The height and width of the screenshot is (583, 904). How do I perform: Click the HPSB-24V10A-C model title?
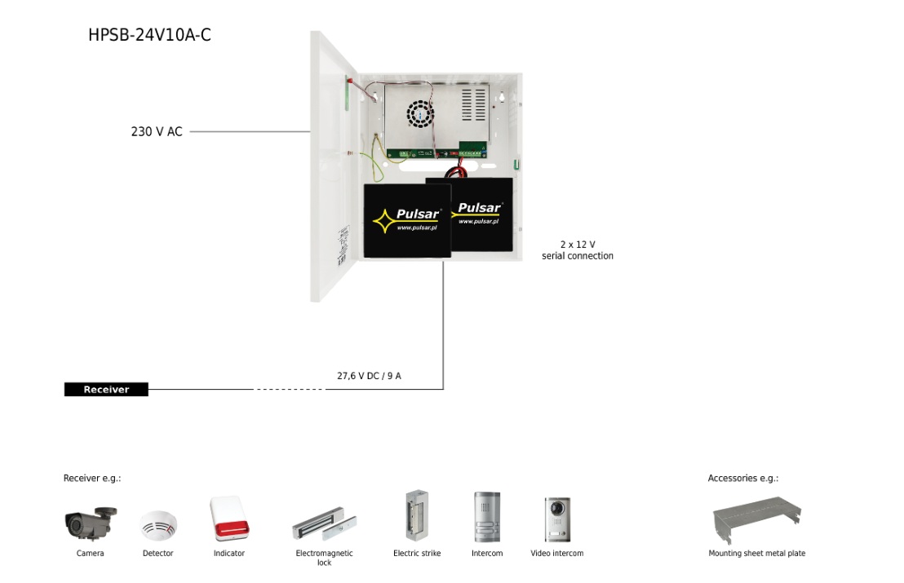click(149, 35)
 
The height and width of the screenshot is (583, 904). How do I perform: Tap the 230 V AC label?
click(157, 131)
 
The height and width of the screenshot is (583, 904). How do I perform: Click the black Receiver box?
click(107, 390)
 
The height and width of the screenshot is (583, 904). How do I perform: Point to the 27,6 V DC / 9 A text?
click(369, 376)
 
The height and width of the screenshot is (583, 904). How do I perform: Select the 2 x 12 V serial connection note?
click(578, 250)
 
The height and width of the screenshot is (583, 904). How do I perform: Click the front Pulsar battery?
click(406, 220)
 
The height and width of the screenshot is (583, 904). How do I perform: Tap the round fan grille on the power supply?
click(422, 115)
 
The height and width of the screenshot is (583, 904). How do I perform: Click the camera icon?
click(90, 523)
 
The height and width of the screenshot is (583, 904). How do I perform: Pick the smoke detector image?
click(157, 525)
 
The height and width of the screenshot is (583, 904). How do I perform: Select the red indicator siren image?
click(228, 519)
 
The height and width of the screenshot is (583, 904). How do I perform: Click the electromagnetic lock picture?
click(325, 527)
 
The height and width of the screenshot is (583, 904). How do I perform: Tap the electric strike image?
click(416, 516)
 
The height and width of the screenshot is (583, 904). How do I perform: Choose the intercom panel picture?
click(487, 518)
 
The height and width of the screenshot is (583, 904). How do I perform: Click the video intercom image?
click(557, 519)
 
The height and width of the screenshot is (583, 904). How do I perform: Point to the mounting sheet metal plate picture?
click(756, 519)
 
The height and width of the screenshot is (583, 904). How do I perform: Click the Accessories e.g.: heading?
click(742, 478)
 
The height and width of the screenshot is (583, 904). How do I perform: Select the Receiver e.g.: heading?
click(92, 478)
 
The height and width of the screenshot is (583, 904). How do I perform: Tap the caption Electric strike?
click(416, 554)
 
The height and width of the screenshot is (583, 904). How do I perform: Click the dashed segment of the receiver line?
click(289, 390)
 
